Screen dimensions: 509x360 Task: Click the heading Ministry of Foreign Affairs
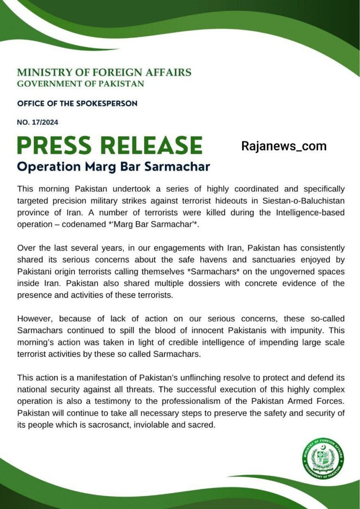[x=104, y=73]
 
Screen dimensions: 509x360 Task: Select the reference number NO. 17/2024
[x=38, y=123]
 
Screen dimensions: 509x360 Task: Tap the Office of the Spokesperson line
[x=77, y=103]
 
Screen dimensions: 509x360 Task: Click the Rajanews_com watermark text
[x=284, y=146]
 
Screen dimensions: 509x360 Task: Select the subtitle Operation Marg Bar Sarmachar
[x=114, y=167]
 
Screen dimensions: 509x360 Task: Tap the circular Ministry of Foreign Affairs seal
[x=323, y=457]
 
